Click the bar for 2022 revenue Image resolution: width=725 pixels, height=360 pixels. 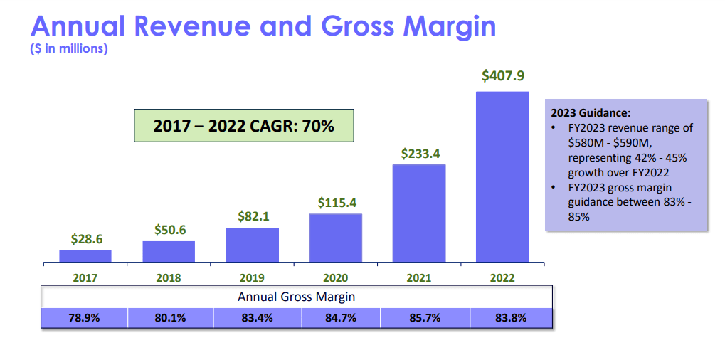[x=502, y=176]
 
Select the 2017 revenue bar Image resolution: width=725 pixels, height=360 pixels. [x=85, y=256]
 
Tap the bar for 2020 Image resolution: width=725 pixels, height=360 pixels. [x=335, y=238]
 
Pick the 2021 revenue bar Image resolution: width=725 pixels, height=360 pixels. [x=419, y=213]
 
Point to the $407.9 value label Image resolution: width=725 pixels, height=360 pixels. [x=502, y=75]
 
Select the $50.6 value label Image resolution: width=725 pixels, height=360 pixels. [x=169, y=230]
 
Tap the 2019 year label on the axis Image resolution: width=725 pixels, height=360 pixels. [x=252, y=278]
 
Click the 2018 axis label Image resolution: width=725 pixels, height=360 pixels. [x=169, y=278]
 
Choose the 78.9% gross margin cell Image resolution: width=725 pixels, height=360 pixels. [x=85, y=318]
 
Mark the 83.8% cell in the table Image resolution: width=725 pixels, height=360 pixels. [x=510, y=318]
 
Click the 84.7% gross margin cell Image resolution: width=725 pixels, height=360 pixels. [x=339, y=318]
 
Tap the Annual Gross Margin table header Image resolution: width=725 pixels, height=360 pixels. [x=296, y=297]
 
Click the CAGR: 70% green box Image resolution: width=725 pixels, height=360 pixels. [x=244, y=126]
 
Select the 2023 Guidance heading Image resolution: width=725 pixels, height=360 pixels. [x=591, y=112]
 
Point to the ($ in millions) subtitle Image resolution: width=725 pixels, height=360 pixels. [x=69, y=49]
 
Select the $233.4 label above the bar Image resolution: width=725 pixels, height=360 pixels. [x=419, y=153]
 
